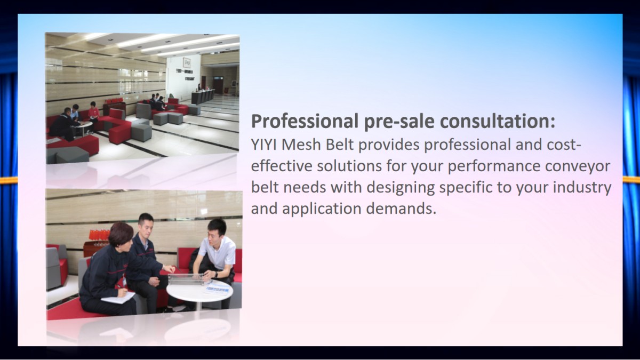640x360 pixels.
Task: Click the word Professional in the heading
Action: (305, 122)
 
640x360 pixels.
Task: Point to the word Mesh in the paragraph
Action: (301, 145)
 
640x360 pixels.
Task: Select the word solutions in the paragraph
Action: (349, 166)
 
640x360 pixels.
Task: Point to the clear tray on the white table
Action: (186, 279)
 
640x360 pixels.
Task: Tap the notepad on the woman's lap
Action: (118, 298)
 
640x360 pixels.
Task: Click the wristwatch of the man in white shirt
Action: (216, 275)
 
